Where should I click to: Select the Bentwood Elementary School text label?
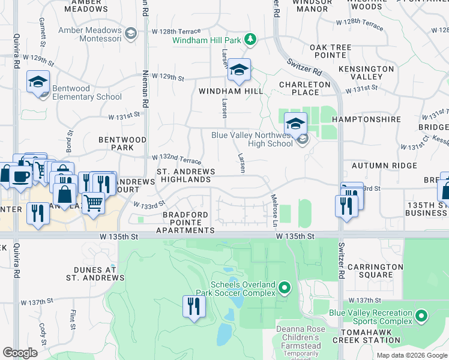[87, 92]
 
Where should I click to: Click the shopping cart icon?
[93, 203]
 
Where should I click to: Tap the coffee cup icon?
[21, 176]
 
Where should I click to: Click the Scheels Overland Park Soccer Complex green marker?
[285, 289]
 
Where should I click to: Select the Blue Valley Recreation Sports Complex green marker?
[421, 316]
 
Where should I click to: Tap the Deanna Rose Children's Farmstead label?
[301, 337]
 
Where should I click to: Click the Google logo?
[20, 353]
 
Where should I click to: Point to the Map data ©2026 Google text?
[412, 355]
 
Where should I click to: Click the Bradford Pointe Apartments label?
[185, 222]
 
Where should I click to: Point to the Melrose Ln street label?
[274, 211]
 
